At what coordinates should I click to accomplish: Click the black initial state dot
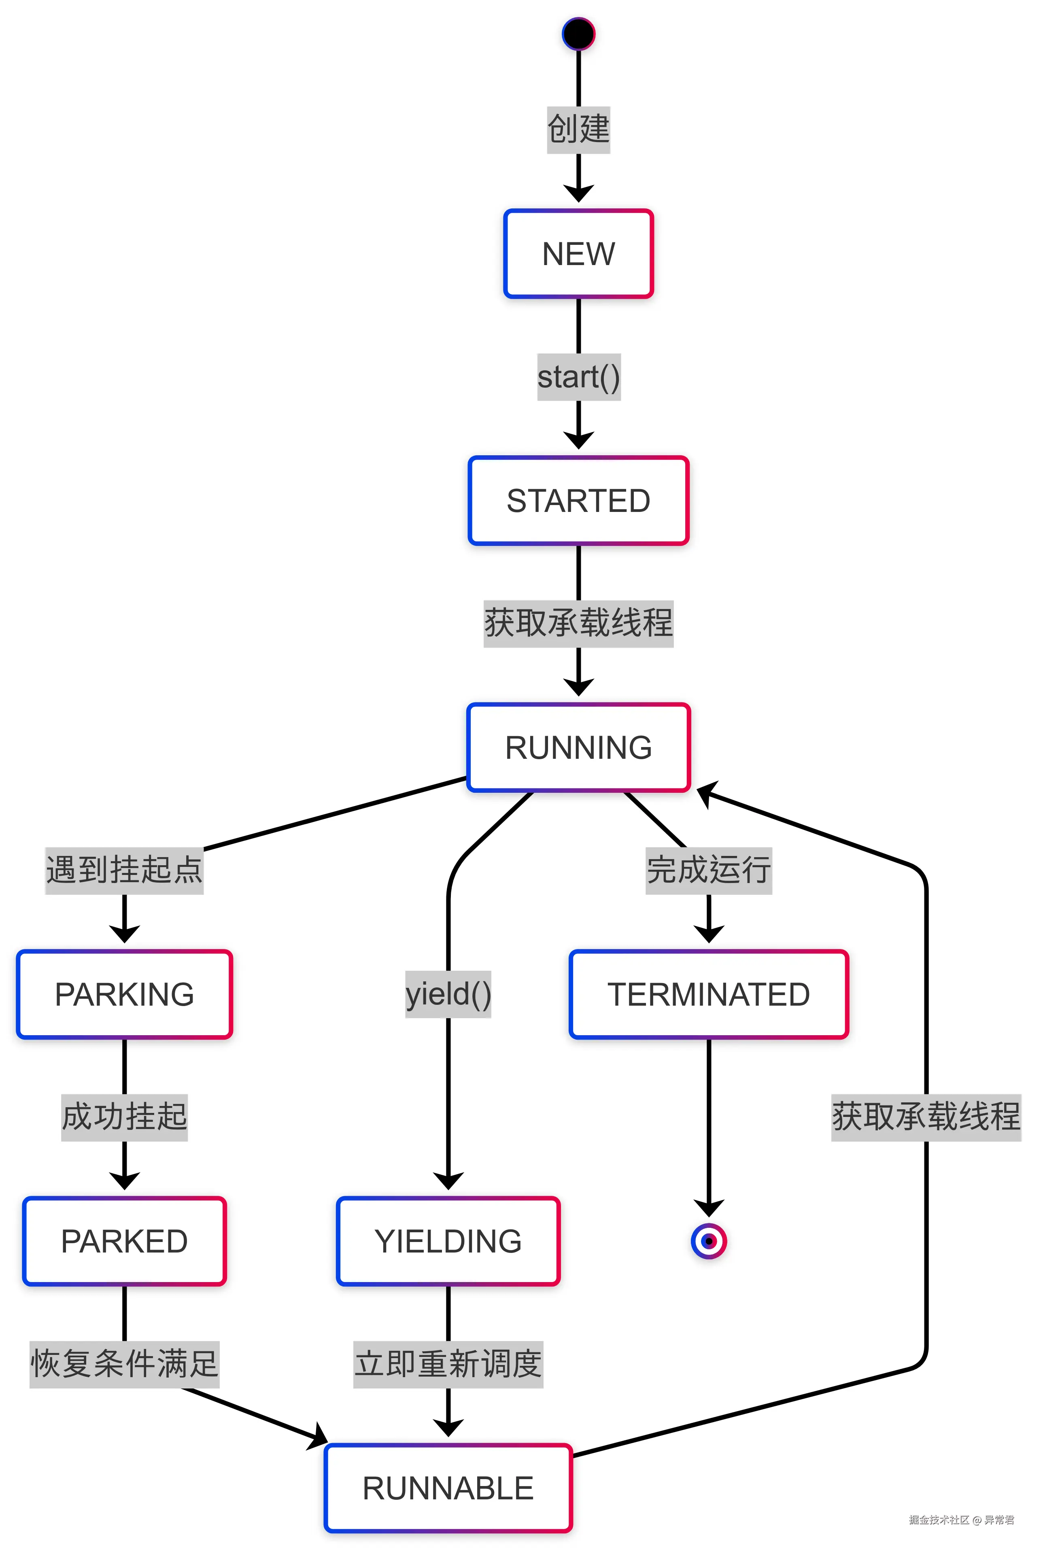578,34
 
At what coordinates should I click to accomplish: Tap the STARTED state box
578,501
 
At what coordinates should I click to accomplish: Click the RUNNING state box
578,747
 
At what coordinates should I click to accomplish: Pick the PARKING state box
124,994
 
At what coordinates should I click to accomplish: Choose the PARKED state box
124,1241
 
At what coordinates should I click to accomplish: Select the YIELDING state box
448,1241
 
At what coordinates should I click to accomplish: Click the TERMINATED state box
708,994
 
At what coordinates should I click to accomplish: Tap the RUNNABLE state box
448,1488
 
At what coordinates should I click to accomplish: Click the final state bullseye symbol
708,1241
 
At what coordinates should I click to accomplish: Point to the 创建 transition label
578,129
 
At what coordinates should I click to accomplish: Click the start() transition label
578,377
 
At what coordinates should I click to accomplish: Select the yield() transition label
448,994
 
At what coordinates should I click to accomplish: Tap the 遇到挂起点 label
124,870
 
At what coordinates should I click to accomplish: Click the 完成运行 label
708,870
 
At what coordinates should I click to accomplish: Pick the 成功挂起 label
124,1117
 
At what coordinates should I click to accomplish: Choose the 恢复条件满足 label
124,1364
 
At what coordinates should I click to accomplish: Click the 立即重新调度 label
448,1364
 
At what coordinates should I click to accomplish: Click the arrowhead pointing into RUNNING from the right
706,793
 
